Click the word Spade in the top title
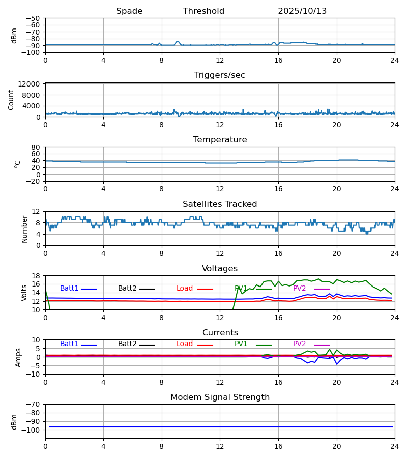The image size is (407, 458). click(x=129, y=11)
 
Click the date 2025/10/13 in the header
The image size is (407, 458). click(x=302, y=11)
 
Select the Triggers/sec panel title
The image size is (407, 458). click(x=220, y=75)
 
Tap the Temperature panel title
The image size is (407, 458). click(x=220, y=140)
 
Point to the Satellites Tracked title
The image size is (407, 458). click(x=220, y=204)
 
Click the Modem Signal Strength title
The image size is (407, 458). click(x=220, y=397)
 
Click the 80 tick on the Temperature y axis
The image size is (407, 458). click(x=36, y=147)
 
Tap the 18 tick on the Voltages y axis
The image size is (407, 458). click(x=36, y=276)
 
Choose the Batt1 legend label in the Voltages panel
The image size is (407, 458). click(x=69, y=289)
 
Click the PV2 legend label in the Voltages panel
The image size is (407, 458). click(x=299, y=289)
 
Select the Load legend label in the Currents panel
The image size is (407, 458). click(x=185, y=344)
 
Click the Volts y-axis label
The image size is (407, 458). click(x=25, y=293)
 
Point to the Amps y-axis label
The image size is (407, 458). click(x=18, y=357)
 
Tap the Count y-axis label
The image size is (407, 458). click(x=11, y=100)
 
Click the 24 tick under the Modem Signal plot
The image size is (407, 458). click(x=394, y=446)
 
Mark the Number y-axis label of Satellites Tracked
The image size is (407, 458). click(x=25, y=228)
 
